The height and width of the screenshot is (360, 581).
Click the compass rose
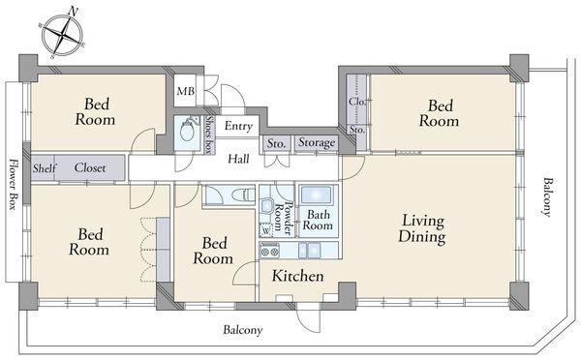(62, 35)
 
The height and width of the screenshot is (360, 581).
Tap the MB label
(186, 91)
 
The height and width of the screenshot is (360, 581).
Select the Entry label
(238, 126)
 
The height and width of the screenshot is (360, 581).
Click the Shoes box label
(209, 135)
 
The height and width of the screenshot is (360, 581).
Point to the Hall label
(238, 160)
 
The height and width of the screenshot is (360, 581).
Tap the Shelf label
(44, 168)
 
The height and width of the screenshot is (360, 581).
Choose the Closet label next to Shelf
(90, 167)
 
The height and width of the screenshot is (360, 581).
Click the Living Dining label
(422, 229)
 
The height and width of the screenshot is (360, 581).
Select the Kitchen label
(297, 276)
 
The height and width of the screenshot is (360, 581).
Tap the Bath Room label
(318, 220)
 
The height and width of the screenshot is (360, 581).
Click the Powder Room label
(284, 219)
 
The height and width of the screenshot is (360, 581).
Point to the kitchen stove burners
(269, 252)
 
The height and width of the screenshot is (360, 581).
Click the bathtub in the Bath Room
(316, 195)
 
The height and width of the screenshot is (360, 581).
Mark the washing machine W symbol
(266, 230)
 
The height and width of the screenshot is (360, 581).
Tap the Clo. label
(357, 101)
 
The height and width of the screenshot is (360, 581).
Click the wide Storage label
(317, 142)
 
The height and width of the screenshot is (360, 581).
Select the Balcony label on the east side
(547, 196)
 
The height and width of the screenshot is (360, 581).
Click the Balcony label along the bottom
(243, 330)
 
